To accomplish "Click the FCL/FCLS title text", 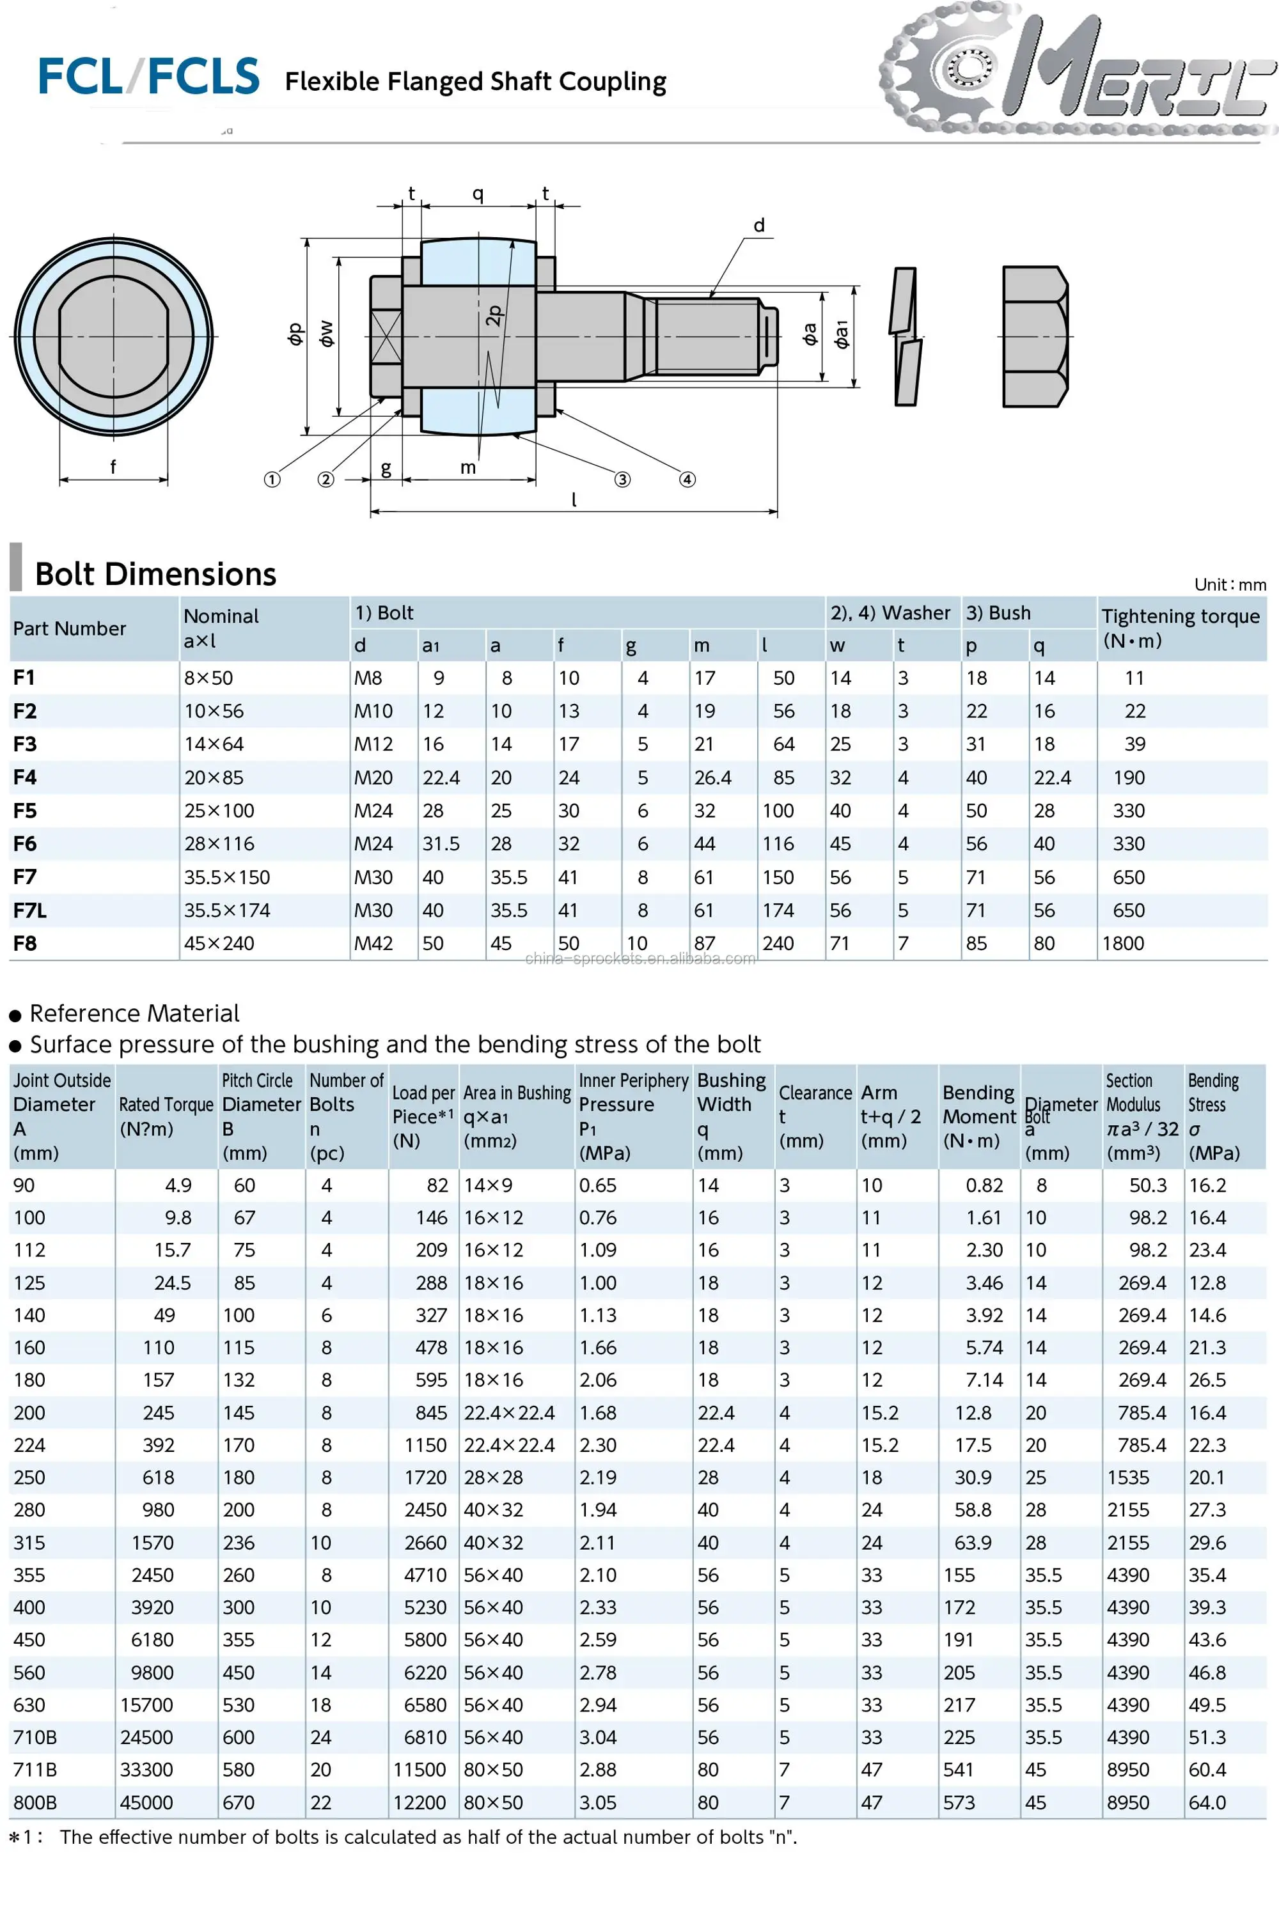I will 148,77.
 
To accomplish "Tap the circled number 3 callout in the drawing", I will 622,479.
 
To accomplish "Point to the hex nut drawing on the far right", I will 1034,336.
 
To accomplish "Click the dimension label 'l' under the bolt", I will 574,500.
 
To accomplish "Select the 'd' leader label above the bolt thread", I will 758,226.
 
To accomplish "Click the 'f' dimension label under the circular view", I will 113,467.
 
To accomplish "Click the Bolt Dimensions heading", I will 155,574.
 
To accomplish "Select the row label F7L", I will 29,910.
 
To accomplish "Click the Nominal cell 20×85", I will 214,777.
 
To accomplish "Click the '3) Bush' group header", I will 998,612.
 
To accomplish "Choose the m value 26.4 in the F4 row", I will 712,777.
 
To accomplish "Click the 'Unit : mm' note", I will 1229,584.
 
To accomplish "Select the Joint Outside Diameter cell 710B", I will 35,1737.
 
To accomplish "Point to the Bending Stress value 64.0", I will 1207,1802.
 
